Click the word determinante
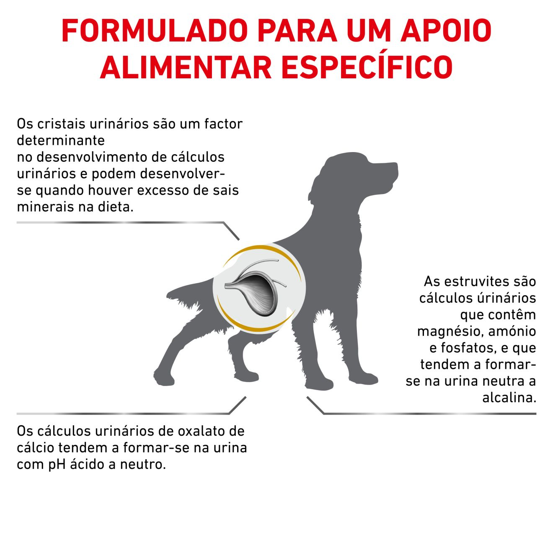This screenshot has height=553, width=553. coord(61,140)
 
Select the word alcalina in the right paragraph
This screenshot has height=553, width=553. coord(509,398)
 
